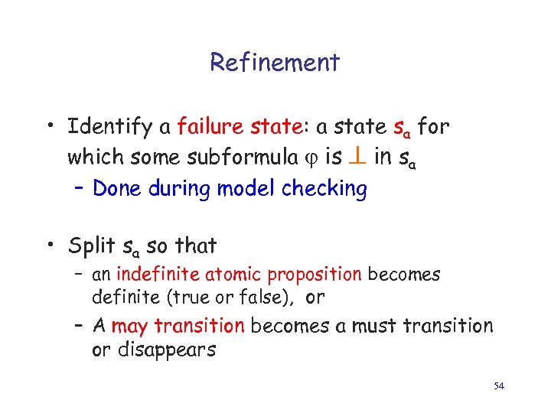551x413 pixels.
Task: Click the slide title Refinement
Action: [x=275, y=62]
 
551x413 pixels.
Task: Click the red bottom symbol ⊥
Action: [x=358, y=157]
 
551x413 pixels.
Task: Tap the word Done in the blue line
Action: [x=115, y=188]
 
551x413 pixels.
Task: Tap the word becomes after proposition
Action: [x=404, y=275]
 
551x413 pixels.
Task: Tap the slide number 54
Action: [x=498, y=386]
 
